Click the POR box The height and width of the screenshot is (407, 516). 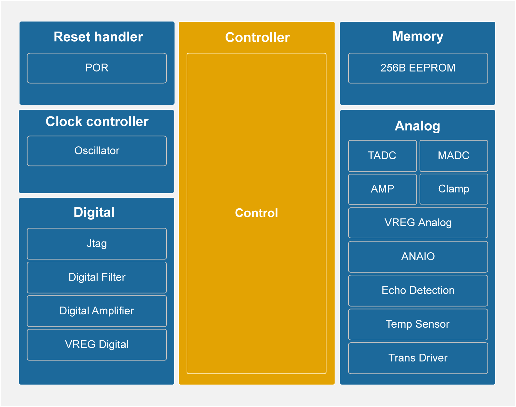[x=97, y=68]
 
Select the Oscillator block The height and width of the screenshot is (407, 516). [x=97, y=151]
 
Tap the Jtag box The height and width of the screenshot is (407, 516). [x=97, y=243]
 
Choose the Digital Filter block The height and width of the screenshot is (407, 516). [x=97, y=277]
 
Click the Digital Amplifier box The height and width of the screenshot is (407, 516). [x=97, y=311]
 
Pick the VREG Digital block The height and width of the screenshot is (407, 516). [x=97, y=345]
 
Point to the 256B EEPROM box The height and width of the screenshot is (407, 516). [x=418, y=68]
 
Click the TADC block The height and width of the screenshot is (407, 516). [x=382, y=156]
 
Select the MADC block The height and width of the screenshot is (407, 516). [x=454, y=156]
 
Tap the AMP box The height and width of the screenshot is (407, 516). [x=382, y=189]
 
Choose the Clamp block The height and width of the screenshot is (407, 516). [x=454, y=189]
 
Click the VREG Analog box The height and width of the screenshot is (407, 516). [x=418, y=223]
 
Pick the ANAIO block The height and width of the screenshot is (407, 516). [x=418, y=256]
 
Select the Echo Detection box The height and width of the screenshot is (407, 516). [x=418, y=290]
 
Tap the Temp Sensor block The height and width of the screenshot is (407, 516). [x=418, y=324]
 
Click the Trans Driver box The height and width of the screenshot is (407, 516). [x=418, y=358]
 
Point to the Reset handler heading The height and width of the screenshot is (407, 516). [x=98, y=37]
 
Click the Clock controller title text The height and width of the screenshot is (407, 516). [x=97, y=122]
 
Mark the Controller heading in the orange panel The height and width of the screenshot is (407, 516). [x=257, y=37]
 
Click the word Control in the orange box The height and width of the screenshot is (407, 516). [x=256, y=213]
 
